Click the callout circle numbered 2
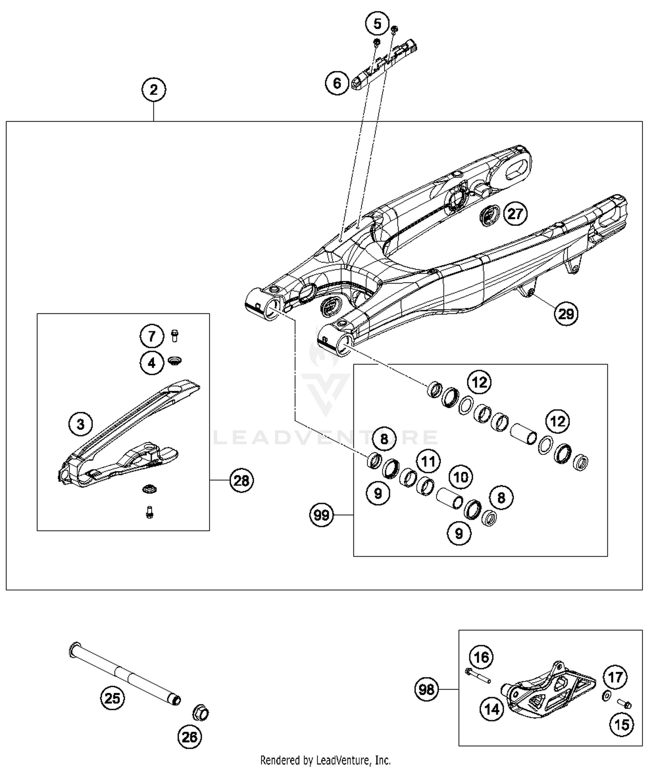point(153,90)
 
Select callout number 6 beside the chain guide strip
point(337,83)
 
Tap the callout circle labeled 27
point(515,213)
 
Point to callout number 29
point(566,313)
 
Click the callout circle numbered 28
point(241,480)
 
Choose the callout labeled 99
point(322,515)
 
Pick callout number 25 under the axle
point(112,698)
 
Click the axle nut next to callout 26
point(200,713)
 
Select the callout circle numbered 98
point(426,689)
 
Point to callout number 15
point(622,724)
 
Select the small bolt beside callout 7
point(175,336)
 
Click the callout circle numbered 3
point(80,423)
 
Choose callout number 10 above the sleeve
point(461,477)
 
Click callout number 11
point(429,461)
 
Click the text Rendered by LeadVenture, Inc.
point(325,760)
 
